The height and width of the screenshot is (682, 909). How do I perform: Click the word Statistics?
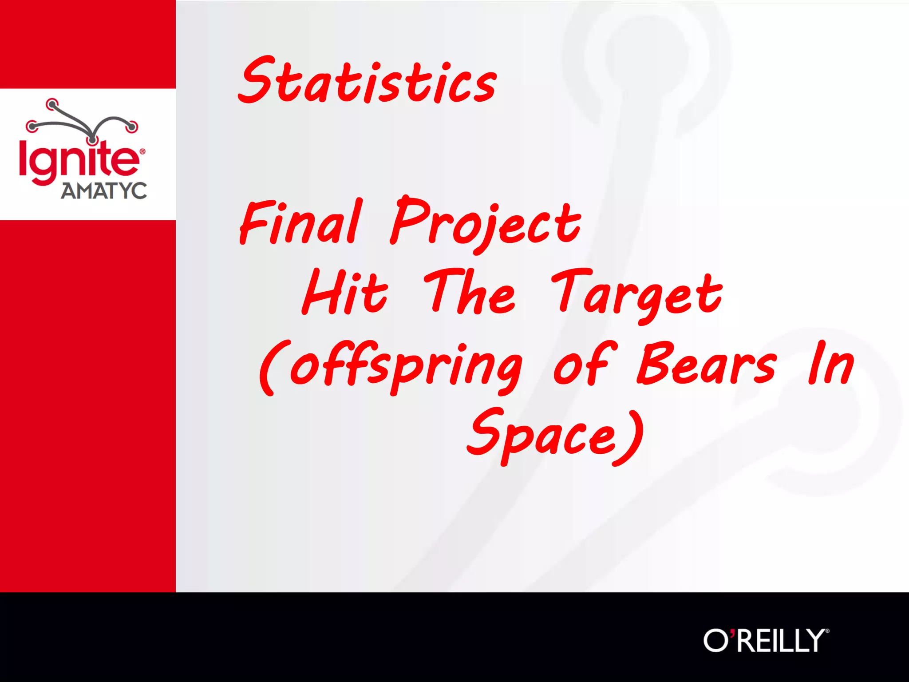pos(368,81)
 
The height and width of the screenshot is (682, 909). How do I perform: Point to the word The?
pos(470,293)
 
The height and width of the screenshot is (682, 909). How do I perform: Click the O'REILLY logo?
pos(765,640)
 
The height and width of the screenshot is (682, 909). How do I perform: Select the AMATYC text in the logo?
pos(104,191)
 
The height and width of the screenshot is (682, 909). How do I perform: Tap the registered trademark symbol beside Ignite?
pos(142,152)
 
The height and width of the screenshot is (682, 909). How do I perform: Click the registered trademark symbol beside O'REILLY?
pos(827,631)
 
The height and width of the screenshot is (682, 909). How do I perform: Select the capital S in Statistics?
pos(257,80)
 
